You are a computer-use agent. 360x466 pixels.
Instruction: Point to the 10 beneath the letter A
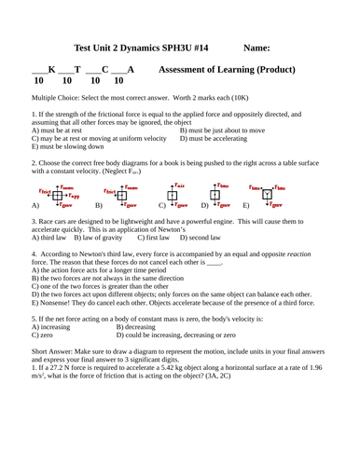(x=118, y=81)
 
